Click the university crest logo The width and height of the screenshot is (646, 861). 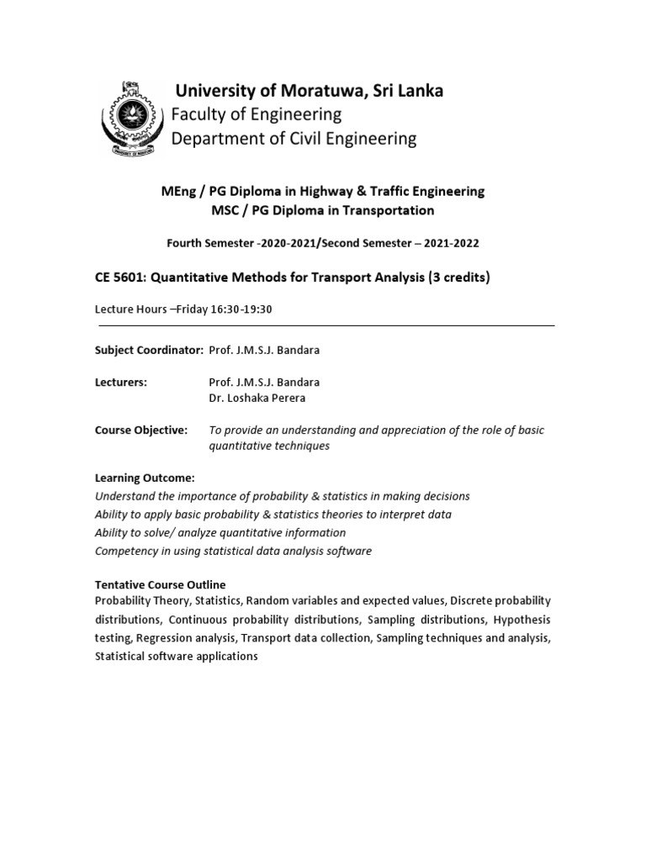(128, 118)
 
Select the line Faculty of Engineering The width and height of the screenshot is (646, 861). (257, 114)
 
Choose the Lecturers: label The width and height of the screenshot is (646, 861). (121, 382)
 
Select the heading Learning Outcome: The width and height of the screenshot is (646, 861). (145, 478)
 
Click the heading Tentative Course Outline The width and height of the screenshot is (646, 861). (161, 584)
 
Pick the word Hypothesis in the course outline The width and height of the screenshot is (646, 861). (522, 620)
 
